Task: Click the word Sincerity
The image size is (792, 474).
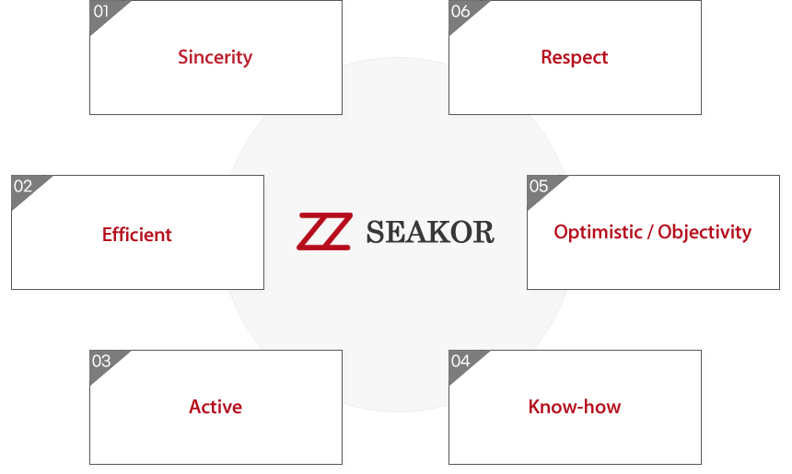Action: [x=215, y=58]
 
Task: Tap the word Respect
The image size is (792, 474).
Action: [x=575, y=58]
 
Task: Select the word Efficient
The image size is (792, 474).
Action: [x=137, y=234]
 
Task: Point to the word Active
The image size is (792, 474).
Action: [x=215, y=407]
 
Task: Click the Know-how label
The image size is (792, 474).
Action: [x=575, y=407]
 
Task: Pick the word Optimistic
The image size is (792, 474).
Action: [x=598, y=232]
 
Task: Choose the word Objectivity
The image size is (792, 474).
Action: [x=705, y=232]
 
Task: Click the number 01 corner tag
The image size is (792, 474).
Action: [x=101, y=12]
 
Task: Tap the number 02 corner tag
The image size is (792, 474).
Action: [x=23, y=186]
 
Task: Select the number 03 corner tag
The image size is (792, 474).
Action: [x=101, y=361]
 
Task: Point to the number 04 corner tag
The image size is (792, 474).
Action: [x=460, y=361]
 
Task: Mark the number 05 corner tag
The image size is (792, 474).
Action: [x=539, y=186]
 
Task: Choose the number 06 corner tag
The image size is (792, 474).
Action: [x=460, y=12]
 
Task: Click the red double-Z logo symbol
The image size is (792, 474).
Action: [x=325, y=231]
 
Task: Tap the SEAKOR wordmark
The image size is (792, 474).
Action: [x=430, y=232]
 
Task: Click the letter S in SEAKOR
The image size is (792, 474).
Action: [x=376, y=232]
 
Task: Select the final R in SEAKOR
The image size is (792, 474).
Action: [x=483, y=232]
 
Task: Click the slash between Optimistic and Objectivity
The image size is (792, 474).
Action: [x=650, y=232]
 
